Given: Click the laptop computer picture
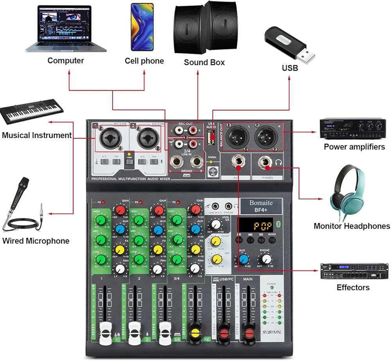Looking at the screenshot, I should pos(66,29).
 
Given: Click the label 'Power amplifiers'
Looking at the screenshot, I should pos(354,147).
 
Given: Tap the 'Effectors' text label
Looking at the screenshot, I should pos(353,287).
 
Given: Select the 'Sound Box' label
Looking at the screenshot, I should pos(204,62).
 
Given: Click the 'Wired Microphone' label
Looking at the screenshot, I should pos(36,241).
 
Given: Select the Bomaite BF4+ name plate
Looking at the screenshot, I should pos(261,206).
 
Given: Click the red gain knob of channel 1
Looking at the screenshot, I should pos(120,211).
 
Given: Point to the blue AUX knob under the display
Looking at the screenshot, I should pos(244,259).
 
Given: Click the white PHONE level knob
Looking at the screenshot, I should pos(266,259).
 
